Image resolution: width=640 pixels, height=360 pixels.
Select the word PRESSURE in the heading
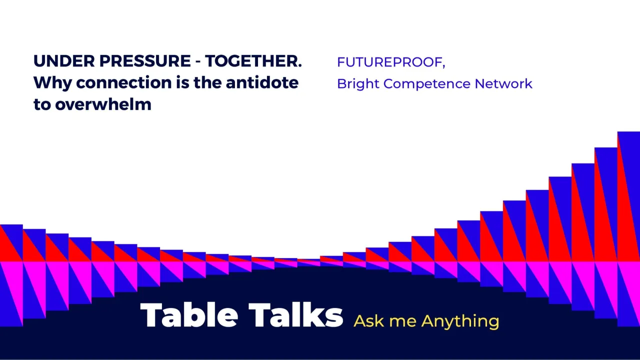145,61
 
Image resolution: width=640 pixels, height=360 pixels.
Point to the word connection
123,82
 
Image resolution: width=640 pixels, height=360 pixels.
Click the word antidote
262,82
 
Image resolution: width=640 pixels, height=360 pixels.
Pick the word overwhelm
103,104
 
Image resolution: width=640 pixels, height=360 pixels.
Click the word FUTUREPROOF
389,62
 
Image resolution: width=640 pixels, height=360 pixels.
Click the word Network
503,83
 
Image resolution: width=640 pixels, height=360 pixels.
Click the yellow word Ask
368,320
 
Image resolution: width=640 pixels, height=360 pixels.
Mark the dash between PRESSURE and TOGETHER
198,62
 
